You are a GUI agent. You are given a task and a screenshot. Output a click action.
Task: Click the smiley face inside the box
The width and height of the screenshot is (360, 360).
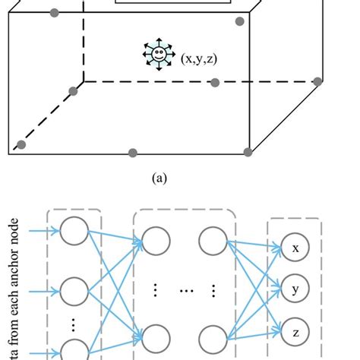tap(159, 54)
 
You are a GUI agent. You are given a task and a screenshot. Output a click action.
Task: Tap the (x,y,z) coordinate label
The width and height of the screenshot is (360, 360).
tap(200, 57)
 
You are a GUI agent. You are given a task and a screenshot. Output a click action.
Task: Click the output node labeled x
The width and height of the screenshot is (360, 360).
tap(295, 248)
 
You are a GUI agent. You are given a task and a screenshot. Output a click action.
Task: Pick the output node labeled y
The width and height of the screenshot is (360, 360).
tap(295, 289)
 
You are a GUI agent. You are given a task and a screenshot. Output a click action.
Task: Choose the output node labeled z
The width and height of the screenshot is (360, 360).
tap(295, 331)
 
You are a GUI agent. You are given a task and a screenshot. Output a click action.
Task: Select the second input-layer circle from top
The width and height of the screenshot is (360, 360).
tap(74, 291)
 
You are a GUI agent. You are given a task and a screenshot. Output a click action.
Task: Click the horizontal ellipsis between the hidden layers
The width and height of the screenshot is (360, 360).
tap(185, 290)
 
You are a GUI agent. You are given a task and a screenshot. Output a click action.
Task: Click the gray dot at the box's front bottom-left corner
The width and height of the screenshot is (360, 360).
tap(21, 144)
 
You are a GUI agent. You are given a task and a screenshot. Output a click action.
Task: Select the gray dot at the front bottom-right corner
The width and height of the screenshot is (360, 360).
tap(249, 153)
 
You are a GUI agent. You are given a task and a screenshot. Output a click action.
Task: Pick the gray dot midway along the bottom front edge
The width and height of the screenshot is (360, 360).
tap(133, 153)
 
